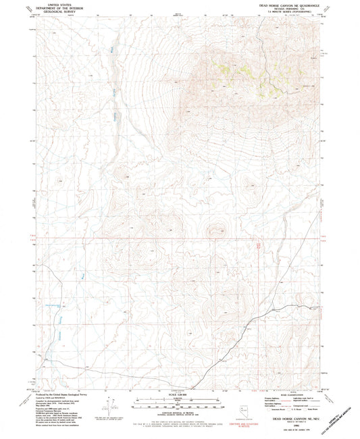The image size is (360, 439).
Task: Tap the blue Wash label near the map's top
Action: click(x=113, y=49)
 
